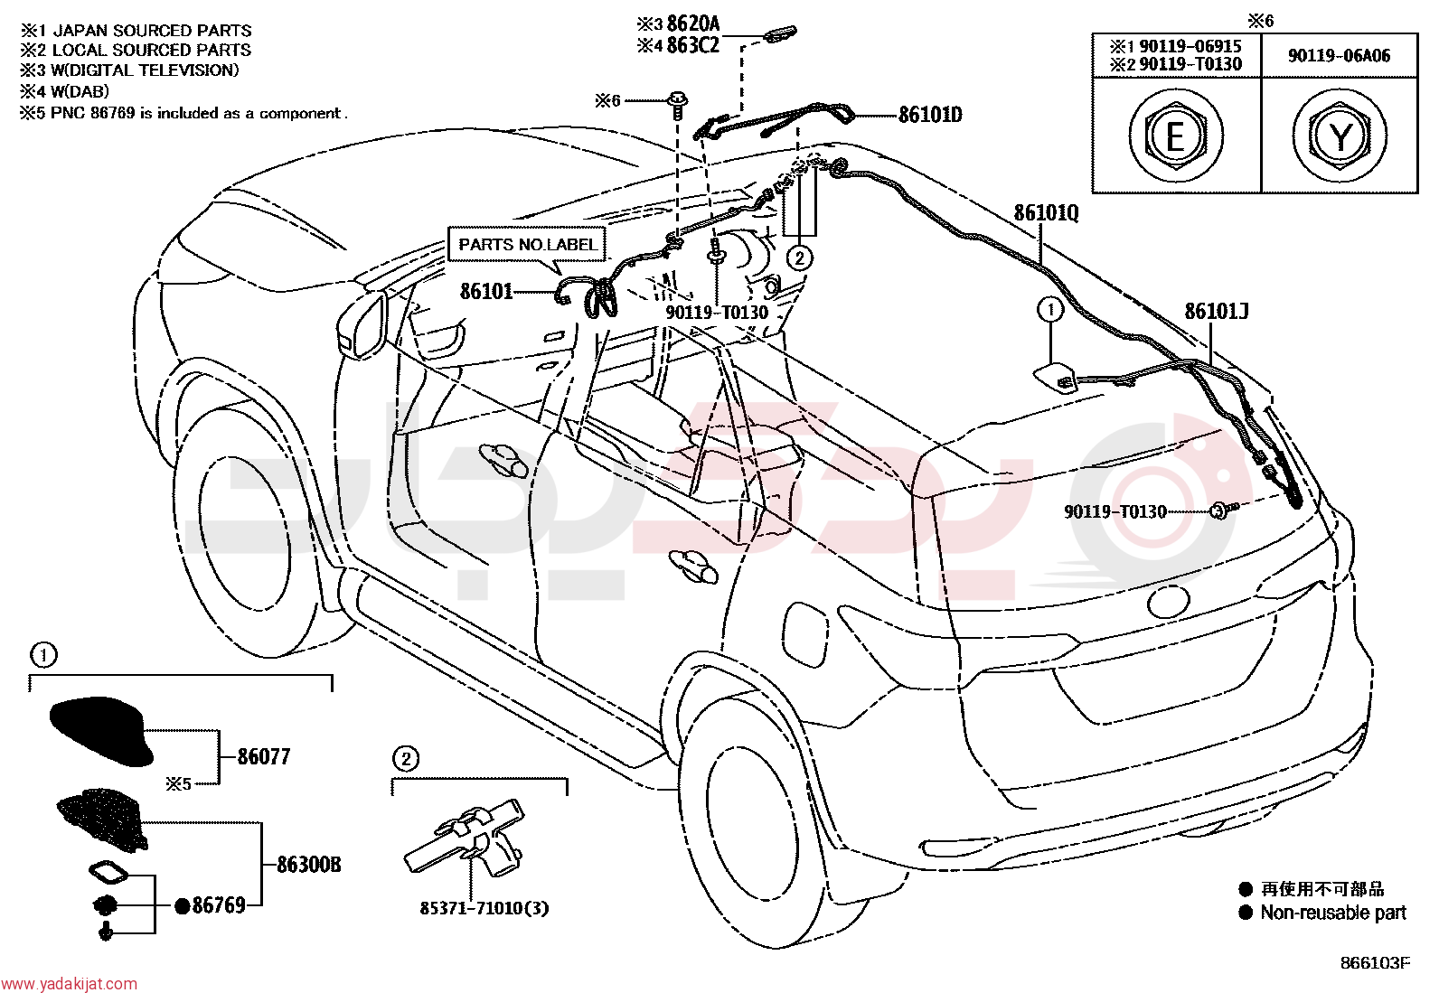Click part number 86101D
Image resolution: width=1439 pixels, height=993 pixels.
929,115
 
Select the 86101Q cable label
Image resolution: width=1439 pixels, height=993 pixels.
1046,213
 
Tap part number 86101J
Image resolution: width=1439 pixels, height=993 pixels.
1216,312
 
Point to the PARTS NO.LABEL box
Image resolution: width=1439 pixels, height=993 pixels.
527,244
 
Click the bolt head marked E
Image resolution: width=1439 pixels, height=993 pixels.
1176,136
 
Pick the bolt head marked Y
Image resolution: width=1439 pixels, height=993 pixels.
1340,136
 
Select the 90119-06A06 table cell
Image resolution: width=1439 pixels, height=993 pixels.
1339,56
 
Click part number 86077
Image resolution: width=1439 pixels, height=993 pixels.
263,756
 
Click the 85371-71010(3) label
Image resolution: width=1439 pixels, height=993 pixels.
484,908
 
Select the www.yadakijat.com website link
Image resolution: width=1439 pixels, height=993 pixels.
69,984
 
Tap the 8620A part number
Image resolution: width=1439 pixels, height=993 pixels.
693,23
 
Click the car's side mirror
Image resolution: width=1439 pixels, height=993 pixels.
363,323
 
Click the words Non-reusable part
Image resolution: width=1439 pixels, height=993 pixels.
1333,913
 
